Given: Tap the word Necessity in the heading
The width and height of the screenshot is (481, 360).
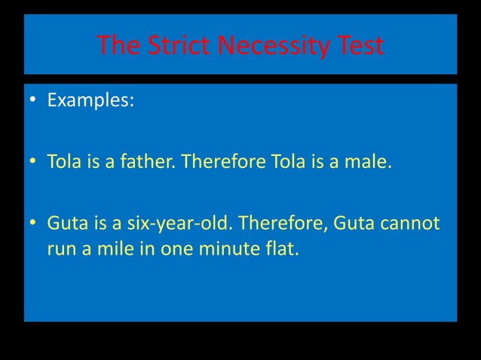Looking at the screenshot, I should pyautogui.click(x=272, y=47).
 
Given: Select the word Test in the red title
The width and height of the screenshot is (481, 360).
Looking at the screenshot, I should pyautogui.click(x=357, y=47).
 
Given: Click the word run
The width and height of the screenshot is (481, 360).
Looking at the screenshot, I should pyautogui.click(x=60, y=249).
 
